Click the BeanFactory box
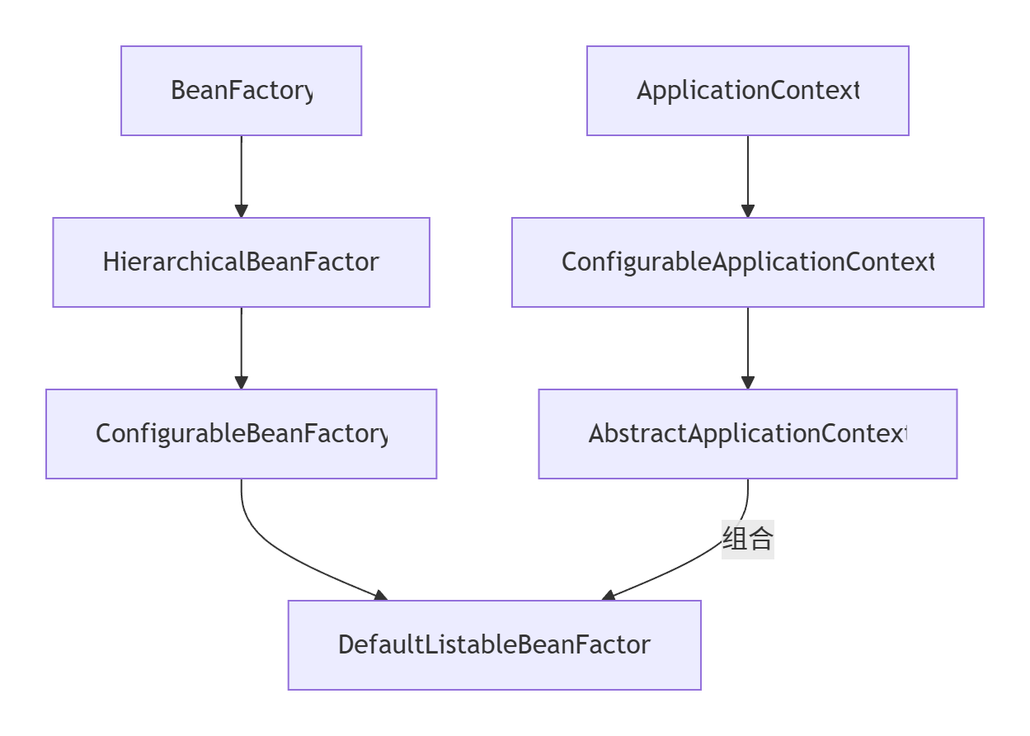[241, 91]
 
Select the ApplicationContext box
[747, 91]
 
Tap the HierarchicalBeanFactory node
[241, 262]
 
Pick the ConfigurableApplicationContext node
[747, 262]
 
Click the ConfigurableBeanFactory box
[241, 434]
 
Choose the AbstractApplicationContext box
[747, 434]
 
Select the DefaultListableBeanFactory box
[494, 645]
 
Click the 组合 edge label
[747, 540]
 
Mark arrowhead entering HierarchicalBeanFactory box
[241, 211]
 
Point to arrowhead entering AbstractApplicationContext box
[747, 383]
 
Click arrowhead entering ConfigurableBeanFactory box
[241, 383]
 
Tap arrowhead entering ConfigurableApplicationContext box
[747, 211]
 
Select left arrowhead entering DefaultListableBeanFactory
[379, 596]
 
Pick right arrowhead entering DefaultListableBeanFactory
[609, 596]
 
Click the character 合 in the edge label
[760, 540]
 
